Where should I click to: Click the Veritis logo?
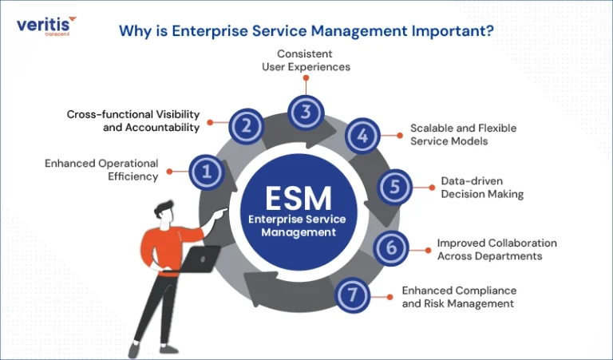tap(46, 26)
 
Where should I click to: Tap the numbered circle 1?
tap(207, 172)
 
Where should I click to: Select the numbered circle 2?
tap(246, 126)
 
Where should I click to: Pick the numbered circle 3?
tap(306, 113)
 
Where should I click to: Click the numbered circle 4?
tap(363, 136)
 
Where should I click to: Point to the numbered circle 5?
tap(395, 187)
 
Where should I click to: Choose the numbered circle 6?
tap(391, 247)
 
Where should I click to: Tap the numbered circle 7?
tap(353, 295)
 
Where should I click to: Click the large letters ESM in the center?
tap(299, 199)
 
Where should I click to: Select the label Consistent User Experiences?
tap(306, 60)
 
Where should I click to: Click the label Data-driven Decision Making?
tap(482, 188)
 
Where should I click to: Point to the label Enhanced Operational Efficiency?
tap(101, 170)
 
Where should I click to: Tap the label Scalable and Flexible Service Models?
tap(463, 134)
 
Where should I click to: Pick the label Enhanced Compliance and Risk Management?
tap(459, 297)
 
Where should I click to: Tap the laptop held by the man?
tap(197, 259)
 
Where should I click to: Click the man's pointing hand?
tap(222, 212)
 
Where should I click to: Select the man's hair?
tap(164, 208)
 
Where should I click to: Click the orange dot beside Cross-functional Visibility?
tap(210, 122)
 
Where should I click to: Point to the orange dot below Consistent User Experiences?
tap(306, 78)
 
